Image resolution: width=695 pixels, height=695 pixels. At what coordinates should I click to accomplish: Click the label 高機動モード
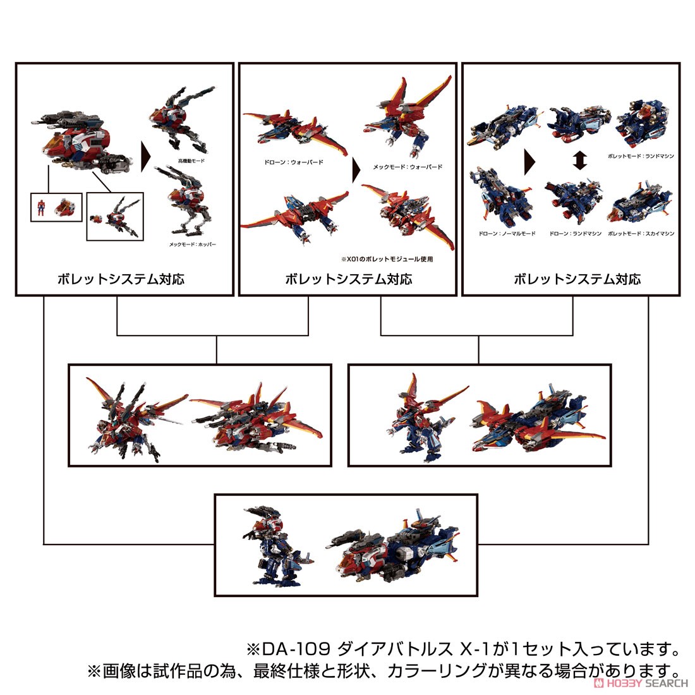pyautogui.click(x=191, y=161)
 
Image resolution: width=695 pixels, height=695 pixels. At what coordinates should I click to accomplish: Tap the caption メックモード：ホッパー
pyautogui.click(x=191, y=244)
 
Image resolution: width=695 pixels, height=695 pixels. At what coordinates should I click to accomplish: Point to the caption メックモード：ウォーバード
pyautogui.click(x=408, y=167)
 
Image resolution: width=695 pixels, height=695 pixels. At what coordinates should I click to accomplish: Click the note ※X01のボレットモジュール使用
pyautogui.click(x=397, y=259)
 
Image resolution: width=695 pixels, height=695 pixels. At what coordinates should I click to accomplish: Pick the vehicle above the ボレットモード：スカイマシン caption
pyautogui.click(x=639, y=204)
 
